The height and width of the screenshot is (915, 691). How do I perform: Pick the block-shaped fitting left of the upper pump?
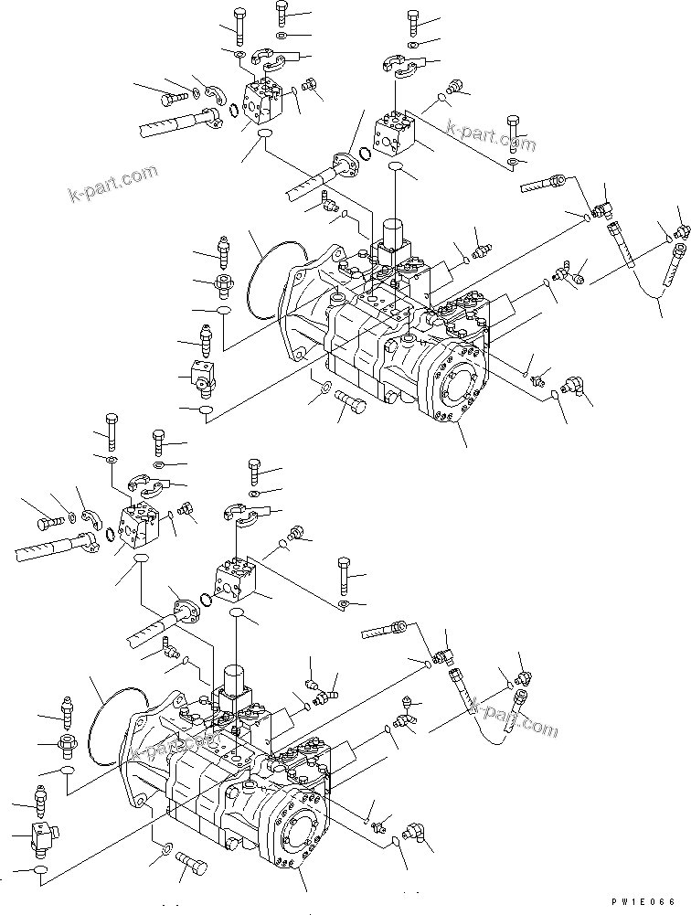pos(203,375)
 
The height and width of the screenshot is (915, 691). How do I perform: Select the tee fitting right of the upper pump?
pos(572,273)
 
